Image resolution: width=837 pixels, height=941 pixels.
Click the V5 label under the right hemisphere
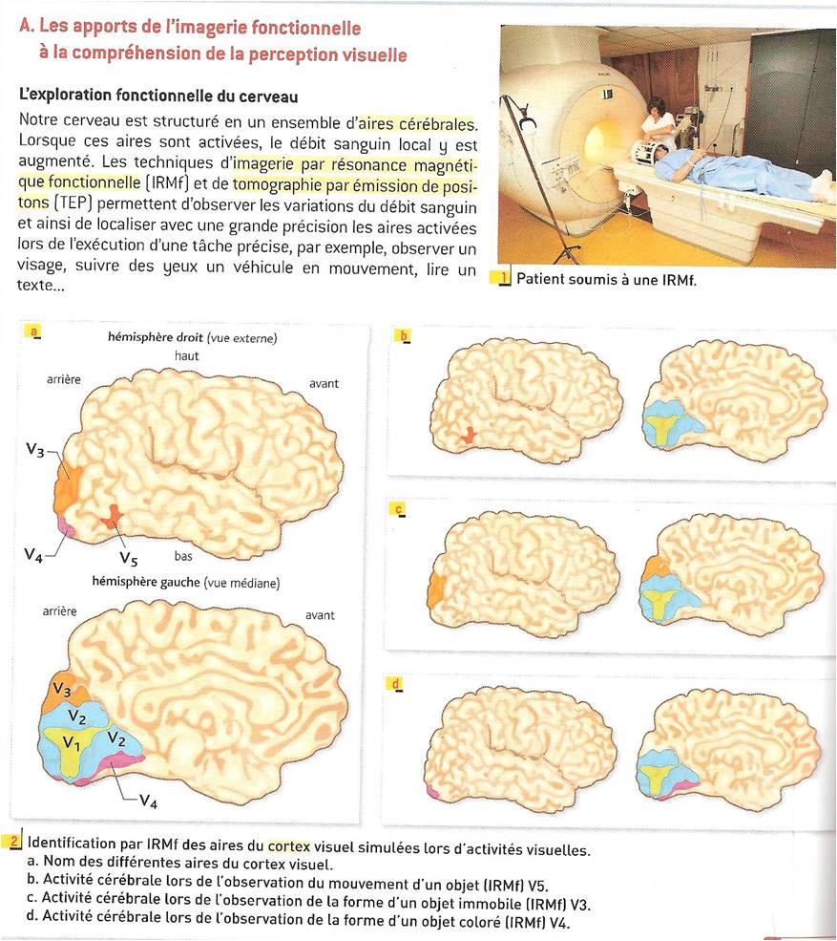click(128, 559)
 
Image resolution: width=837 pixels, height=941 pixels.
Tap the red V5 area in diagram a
click(112, 516)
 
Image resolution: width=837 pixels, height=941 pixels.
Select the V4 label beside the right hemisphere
click(33, 555)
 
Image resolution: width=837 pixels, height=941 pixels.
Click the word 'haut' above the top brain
click(186, 356)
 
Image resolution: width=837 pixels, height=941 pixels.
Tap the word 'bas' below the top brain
click(183, 556)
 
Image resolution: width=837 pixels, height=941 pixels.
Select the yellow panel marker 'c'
click(398, 509)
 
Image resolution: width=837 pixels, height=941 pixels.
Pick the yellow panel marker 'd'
click(396, 684)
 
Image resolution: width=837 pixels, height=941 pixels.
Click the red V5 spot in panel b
click(468, 435)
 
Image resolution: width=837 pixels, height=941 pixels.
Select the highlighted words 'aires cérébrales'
click(415, 124)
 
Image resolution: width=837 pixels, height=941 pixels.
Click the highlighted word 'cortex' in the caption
click(289, 846)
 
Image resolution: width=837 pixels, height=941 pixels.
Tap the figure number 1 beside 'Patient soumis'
click(504, 278)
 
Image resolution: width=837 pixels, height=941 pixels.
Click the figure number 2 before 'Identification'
click(14, 842)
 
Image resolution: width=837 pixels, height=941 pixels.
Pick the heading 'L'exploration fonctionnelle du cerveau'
click(158, 96)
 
